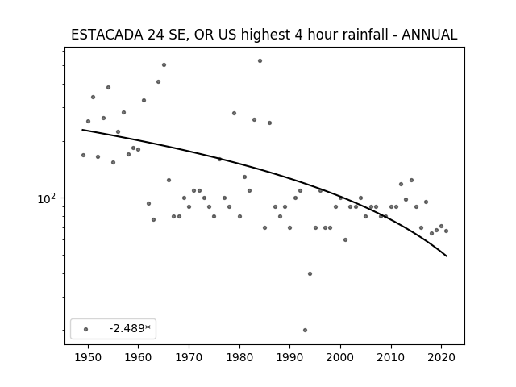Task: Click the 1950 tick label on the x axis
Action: pos(88,357)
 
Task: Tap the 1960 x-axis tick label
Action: pos(138,357)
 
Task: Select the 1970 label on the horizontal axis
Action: pos(189,357)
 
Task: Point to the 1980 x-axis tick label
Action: pos(239,357)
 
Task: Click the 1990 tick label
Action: pos(290,357)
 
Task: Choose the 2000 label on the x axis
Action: pos(340,357)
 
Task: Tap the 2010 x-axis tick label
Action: pos(391,357)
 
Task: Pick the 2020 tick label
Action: pos(442,357)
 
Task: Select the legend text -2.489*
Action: pos(130,328)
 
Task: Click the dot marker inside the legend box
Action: pos(86,329)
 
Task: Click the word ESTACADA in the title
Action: pos(107,35)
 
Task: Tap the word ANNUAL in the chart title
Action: pos(429,35)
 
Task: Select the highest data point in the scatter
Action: pos(260,61)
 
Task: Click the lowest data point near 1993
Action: pos(305,330)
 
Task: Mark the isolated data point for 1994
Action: pos(310,274)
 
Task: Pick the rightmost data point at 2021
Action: pos(446,231)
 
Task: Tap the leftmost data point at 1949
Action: pos(83,156)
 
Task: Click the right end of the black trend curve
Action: pos(447,256)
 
